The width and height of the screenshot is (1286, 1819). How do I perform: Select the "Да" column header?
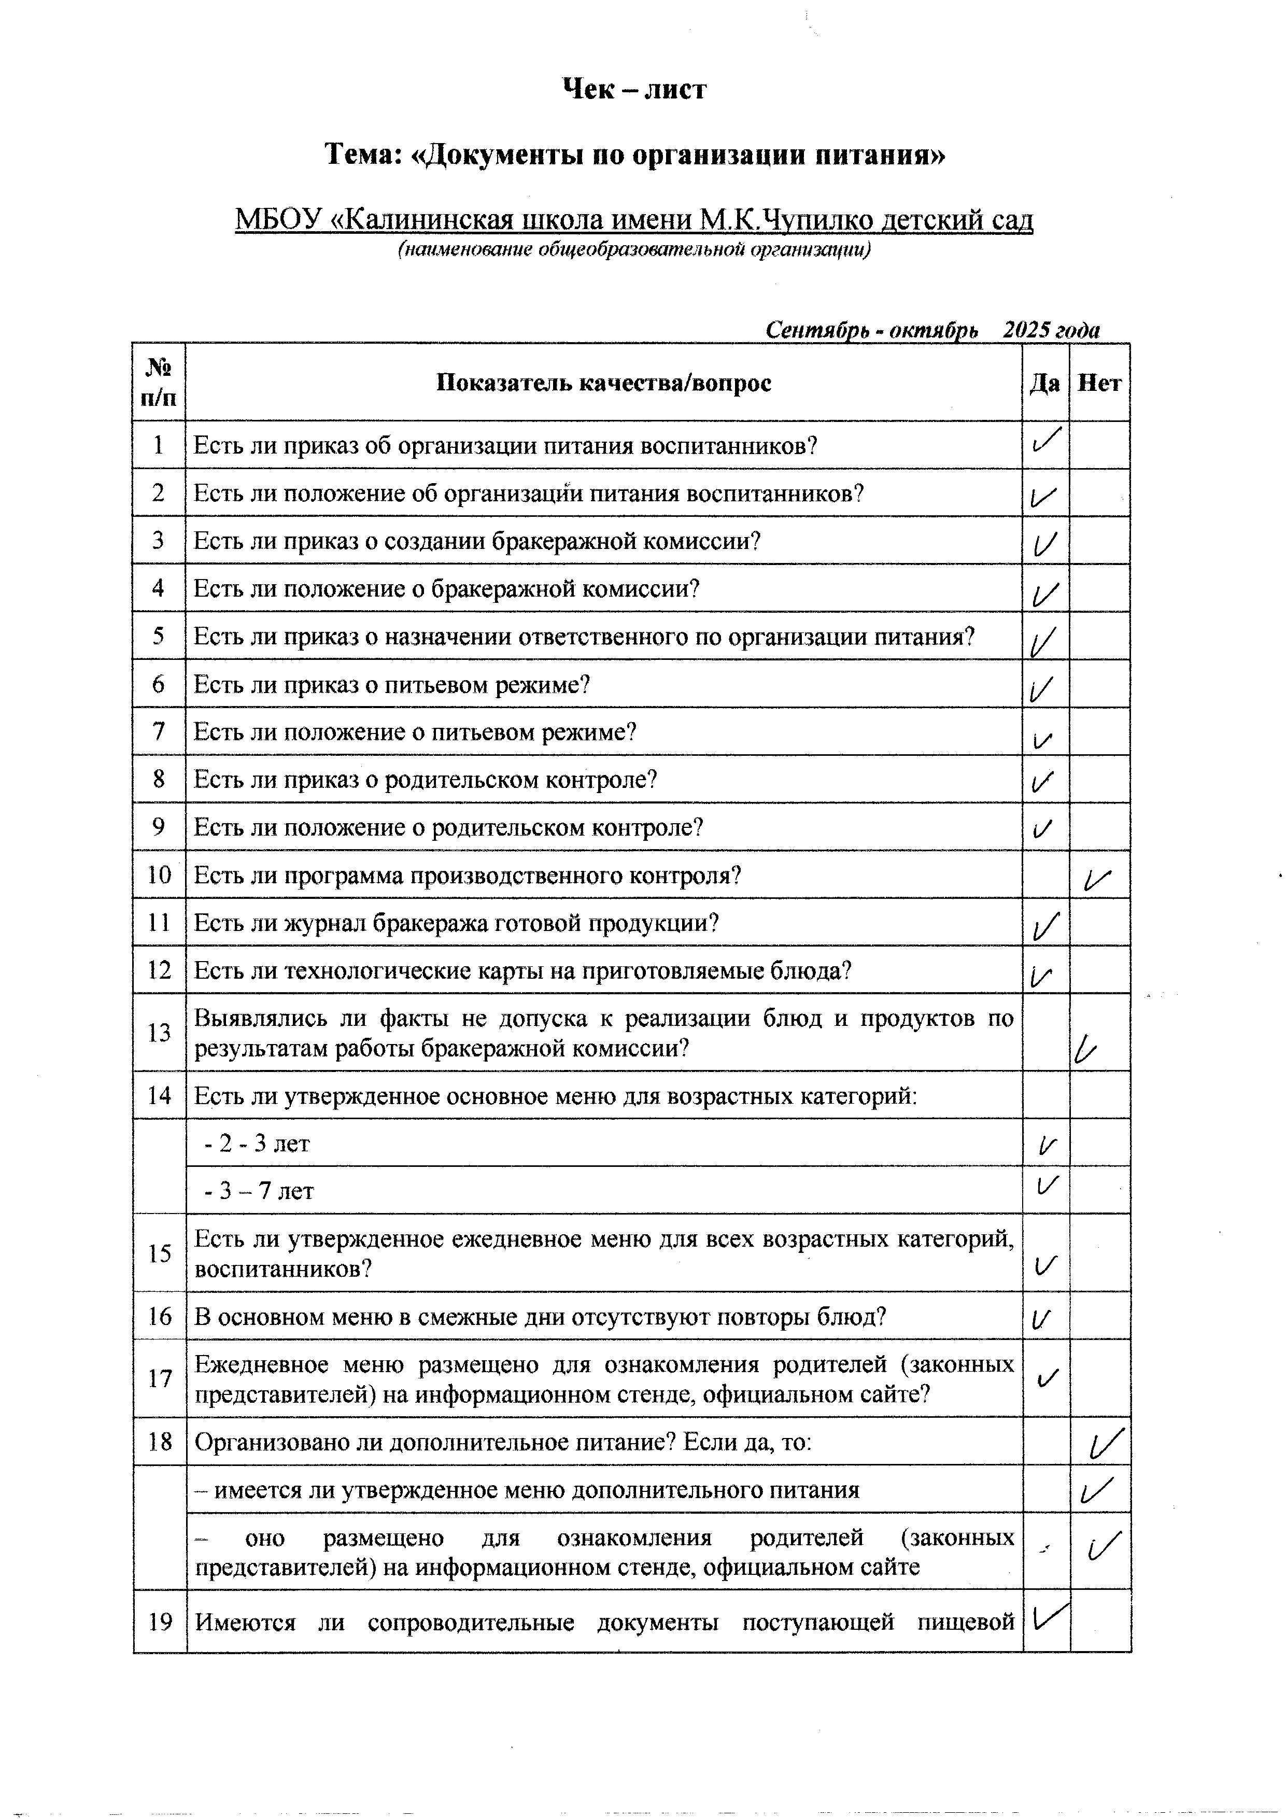[x=1044, y=384]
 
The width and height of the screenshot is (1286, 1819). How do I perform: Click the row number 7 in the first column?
[x=159, y=731]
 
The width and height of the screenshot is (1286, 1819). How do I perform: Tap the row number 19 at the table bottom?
[x=160, y=1621]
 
